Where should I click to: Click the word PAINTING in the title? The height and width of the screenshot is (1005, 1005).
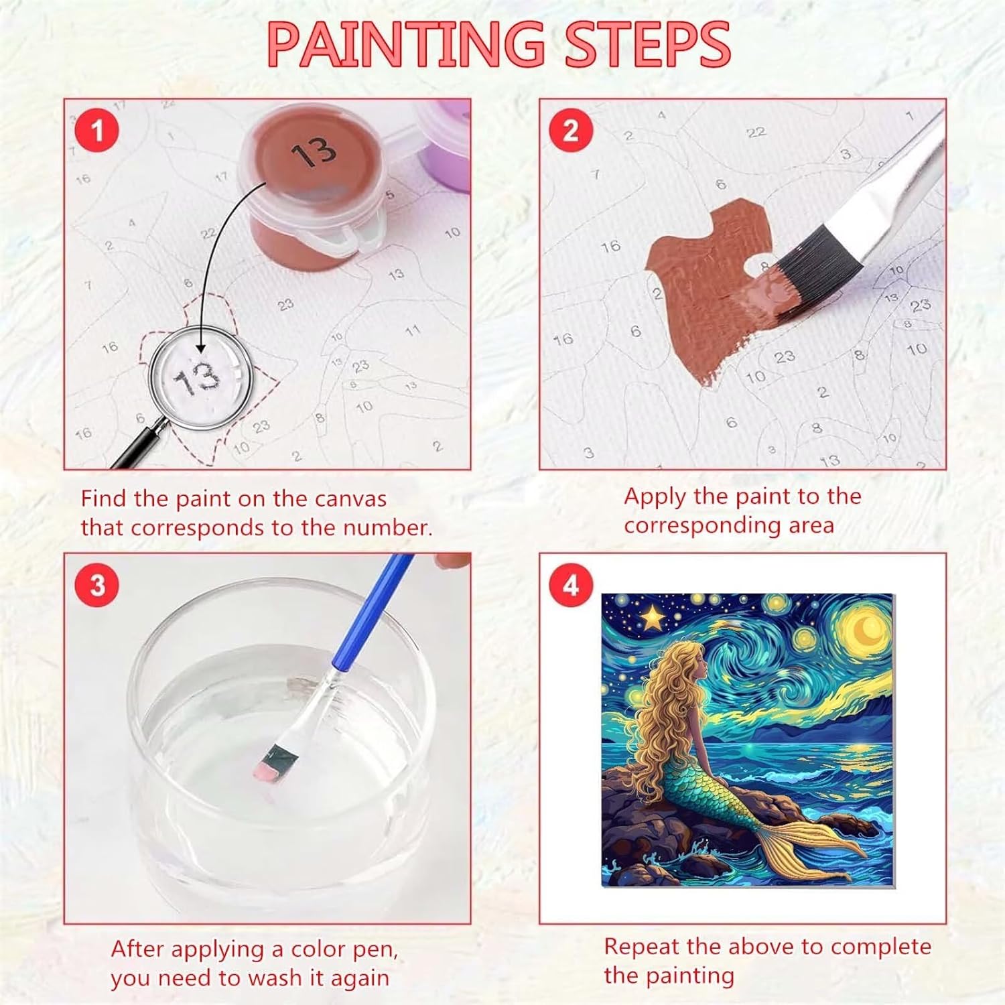point(406,44)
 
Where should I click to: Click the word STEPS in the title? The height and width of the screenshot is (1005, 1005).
point(647,44)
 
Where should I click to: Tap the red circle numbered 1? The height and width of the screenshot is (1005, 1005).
point(97,130)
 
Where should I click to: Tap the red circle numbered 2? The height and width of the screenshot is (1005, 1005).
point(571,130)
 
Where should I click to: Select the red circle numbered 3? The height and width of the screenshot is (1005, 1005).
point(98,585)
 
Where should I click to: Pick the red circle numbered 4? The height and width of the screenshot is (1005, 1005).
point(571,585)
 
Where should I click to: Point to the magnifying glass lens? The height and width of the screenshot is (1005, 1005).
point(200,376)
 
